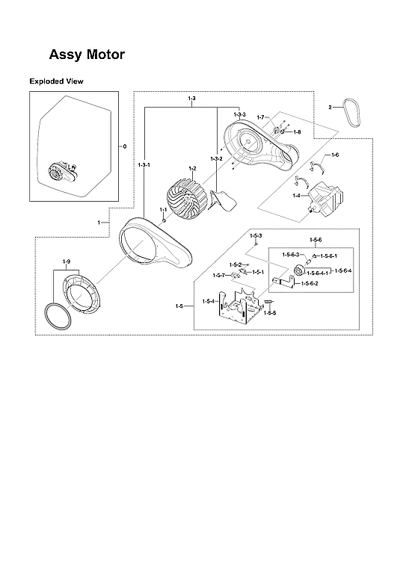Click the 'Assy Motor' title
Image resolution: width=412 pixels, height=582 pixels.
pyautogui.click(x=87, y=55)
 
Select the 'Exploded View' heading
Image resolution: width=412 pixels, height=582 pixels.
pyautogui.click(x=56, y=81)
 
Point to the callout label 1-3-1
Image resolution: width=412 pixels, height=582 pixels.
pyautogui.click(x=144, y=164)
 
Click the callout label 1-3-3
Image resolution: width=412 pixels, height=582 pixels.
pyautogui.click(x=239, y=114)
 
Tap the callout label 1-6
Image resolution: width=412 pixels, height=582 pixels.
pyautogui.click(x=334, y=155)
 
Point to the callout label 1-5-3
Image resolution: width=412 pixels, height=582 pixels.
pyautogui.click(x=256, y=235)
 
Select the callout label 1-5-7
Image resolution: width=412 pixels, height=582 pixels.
pyautogui.click(x=218, y=276)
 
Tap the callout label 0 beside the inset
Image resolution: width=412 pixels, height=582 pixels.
pyautogui.click(x=124, y=145)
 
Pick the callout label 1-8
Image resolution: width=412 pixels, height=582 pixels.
pyautogui.click(x=297, y=131)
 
